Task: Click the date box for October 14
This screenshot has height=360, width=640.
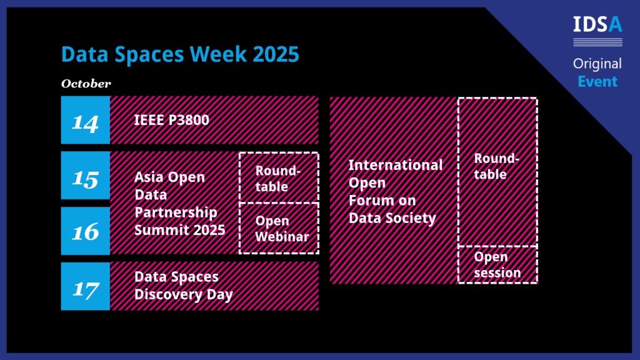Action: point(85,120)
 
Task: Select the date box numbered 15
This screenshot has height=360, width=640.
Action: point(85,176)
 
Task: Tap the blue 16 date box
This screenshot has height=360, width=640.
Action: point(85,231)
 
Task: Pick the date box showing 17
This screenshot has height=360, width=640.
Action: point(85,286)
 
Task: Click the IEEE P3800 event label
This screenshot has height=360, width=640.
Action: point(171,120)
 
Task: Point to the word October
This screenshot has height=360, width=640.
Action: point(86,84)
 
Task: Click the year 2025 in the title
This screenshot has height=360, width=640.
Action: point(276,54)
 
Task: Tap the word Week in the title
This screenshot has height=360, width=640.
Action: point(218,54)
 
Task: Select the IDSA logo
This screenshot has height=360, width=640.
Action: point(597,31)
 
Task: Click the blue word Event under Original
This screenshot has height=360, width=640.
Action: point(597,82)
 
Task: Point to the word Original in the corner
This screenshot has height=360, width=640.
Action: point(597,64)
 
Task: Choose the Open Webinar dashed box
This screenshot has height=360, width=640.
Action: point(279,228)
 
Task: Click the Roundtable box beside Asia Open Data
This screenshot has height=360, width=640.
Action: point(279,177)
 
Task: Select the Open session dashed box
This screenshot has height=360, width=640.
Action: point(497,264)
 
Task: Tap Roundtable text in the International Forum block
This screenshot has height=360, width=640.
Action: point(496,166)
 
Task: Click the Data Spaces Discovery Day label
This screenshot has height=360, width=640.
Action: point(184,285)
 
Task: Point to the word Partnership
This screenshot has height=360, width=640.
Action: point(176,212)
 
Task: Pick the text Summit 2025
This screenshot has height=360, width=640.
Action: point(179,230)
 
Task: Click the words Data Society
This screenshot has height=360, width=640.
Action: point(392,218)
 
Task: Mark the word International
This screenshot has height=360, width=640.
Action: point(396,165)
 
